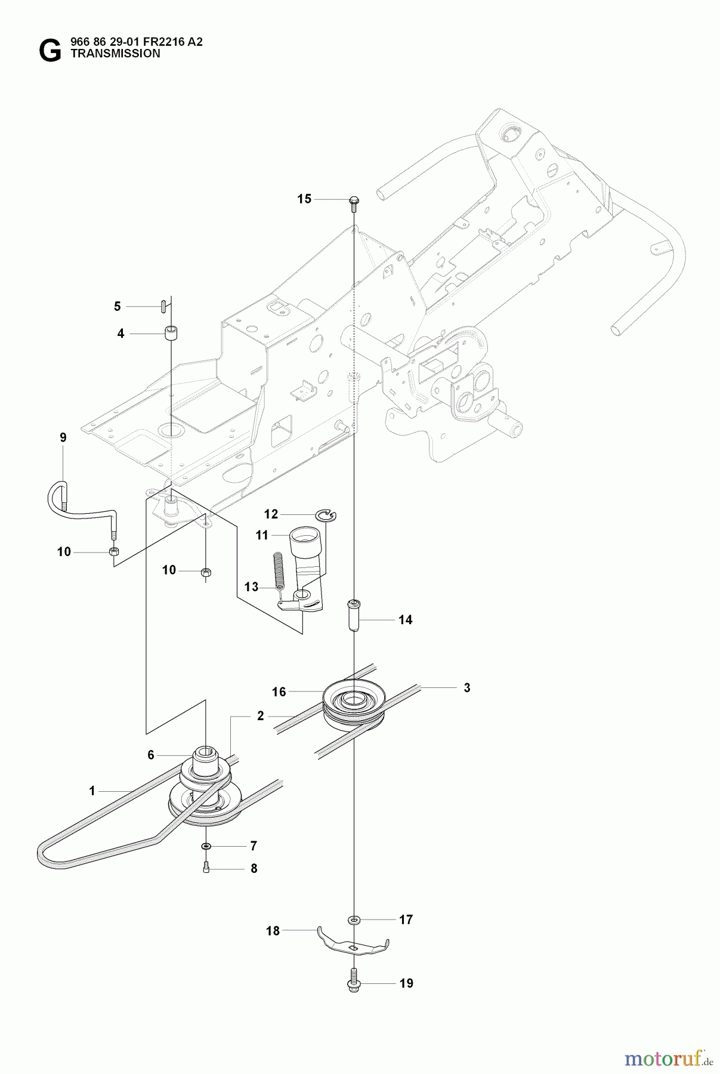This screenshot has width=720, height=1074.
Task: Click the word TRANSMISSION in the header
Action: coord(115,53)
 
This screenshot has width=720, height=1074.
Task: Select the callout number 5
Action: coord(117,306)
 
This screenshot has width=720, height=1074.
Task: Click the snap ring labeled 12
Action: coord(327,514)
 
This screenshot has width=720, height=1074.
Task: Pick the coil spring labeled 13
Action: coord(278,569)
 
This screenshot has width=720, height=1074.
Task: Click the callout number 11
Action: coord(262,535)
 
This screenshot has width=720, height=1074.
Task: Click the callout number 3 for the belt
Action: coord(467,688)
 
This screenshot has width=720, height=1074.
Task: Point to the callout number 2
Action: coord(260,716)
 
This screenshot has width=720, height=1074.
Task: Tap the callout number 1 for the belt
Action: coord(92,791)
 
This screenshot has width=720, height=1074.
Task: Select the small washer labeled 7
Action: coord(206,846)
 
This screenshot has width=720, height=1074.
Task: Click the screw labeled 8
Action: coord(206,869)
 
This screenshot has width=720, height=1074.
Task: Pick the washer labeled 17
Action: coord(354,920)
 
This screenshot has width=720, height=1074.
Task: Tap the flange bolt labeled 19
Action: coord(353,983)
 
